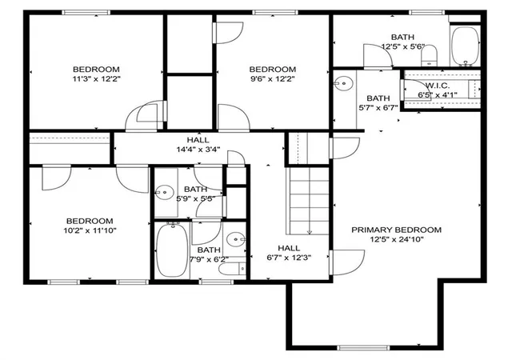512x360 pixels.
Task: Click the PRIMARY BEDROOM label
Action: pos(396,230)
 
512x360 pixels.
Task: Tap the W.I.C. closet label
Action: pos(438,86)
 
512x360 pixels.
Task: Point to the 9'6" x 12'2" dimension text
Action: pos(273,78)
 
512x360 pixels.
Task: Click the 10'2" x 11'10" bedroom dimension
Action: pos(90,230)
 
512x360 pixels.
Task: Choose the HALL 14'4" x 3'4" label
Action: pos(198,145)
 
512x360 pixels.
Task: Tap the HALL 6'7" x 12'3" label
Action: pos(289,253)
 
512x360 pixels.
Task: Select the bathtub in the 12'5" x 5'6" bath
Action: pos(466,46)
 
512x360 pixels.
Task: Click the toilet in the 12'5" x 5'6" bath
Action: pos(430,56)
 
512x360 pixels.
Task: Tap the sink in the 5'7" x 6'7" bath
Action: pos(343,84)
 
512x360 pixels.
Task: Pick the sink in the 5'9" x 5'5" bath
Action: pos(165,193)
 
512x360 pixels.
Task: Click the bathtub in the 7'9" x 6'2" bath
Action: pos(172,250)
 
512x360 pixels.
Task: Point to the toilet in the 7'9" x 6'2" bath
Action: pos(232,270)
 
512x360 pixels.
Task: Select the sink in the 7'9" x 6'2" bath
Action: pos(236,240)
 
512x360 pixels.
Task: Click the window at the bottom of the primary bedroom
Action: pos(363,347)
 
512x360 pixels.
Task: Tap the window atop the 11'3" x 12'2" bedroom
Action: pos(86,13)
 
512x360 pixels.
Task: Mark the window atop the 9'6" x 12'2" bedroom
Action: pos(275,13)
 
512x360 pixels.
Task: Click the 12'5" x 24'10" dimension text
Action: pos(397,239)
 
